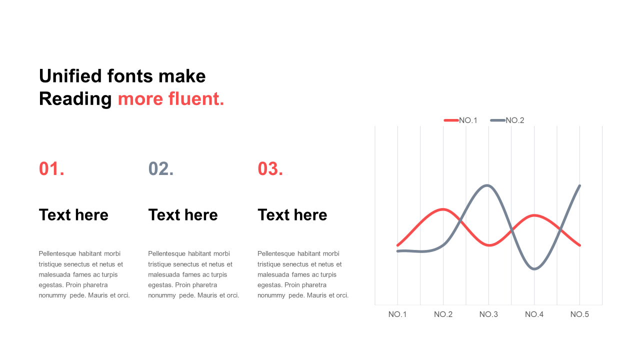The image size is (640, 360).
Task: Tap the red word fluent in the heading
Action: [x=196, y=98]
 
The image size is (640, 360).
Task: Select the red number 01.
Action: [x=51, y=168]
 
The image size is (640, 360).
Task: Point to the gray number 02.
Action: [x=161, y=168]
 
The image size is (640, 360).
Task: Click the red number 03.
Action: [x=270, y=168]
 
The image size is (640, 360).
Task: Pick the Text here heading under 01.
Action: [x=73, y=215]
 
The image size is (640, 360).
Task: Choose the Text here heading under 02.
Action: [x=183, y=215]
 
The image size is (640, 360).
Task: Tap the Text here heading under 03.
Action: [x=292, y=215]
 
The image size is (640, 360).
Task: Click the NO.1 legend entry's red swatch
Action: [x=451, y=120]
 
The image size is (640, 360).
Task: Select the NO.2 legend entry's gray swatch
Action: [x=497, y=120]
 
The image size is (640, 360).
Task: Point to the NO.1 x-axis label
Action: [x=397, y=314]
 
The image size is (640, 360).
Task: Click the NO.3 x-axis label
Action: [x=488, y=314]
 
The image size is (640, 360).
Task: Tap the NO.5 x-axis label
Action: [x=579, y=314]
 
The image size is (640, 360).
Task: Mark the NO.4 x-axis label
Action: [x=534, y=314]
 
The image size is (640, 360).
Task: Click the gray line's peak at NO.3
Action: [x=487, y=185]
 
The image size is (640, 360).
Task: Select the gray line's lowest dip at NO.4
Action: [x=534, y=268]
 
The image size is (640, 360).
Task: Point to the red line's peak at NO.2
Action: [x=443, y=209]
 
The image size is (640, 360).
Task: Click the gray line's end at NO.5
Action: [x=579, y=185]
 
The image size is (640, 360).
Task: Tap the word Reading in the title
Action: [x=75, y=99]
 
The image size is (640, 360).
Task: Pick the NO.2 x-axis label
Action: [x=443, y=314]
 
